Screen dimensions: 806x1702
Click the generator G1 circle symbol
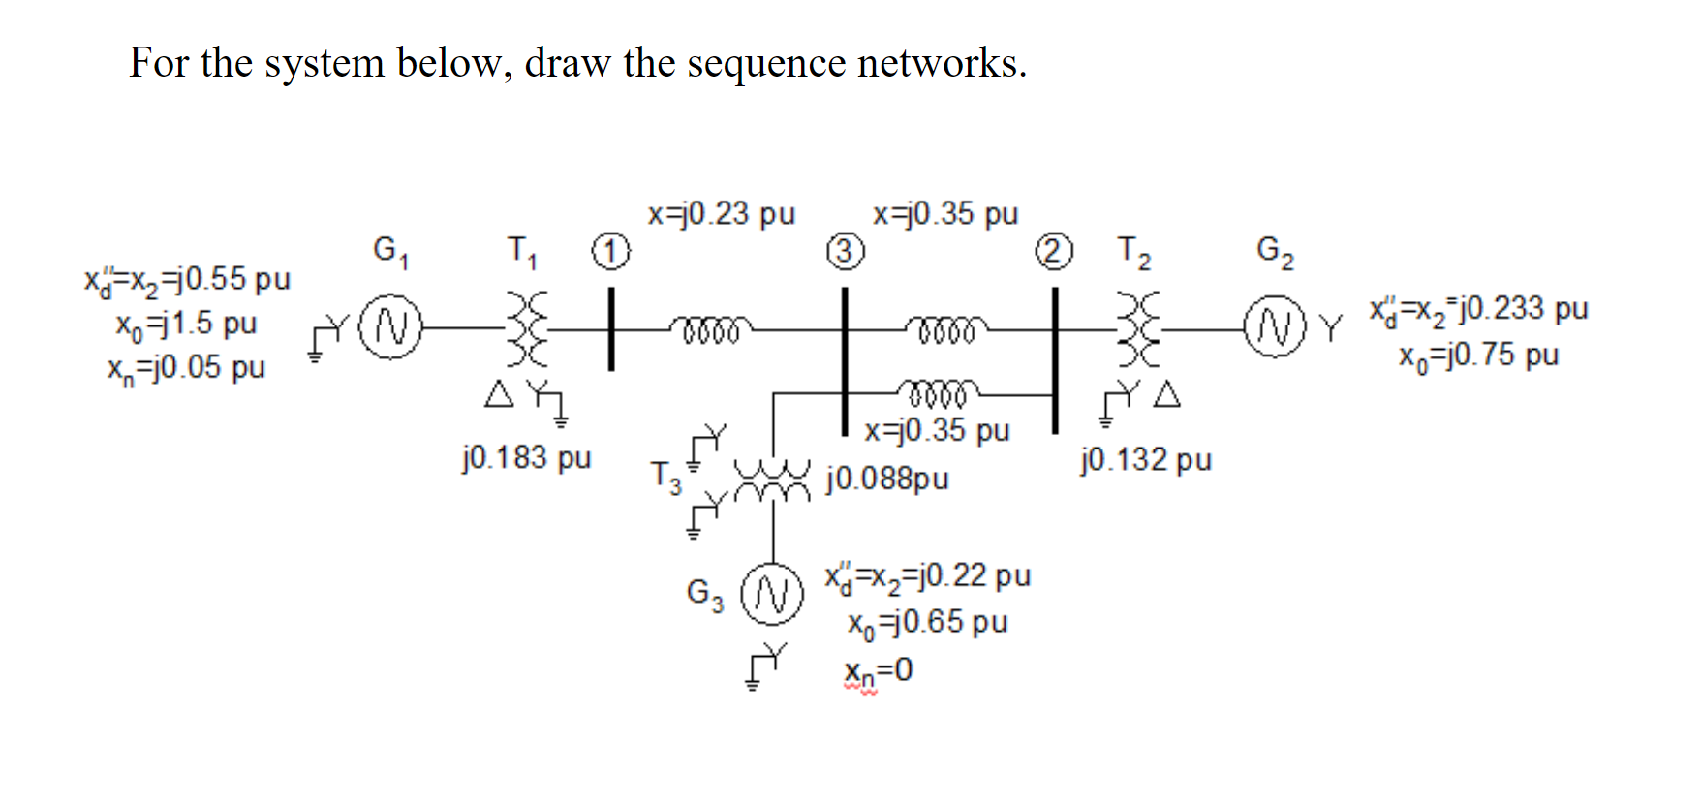391,327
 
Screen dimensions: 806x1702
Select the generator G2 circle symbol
1276,327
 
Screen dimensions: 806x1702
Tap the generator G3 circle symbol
772,594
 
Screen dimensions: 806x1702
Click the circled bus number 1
611,252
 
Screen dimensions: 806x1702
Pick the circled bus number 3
845,252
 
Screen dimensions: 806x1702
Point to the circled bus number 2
1055,252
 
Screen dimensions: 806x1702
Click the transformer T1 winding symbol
530,329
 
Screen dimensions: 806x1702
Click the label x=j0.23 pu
722,214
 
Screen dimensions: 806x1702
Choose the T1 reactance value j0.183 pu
526,457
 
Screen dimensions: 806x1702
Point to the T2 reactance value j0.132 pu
1146,459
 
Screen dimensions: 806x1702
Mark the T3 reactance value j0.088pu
887,479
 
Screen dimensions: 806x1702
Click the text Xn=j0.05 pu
186,368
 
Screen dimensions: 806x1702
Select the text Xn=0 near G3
878,670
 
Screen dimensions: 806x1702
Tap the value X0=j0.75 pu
1478,356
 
